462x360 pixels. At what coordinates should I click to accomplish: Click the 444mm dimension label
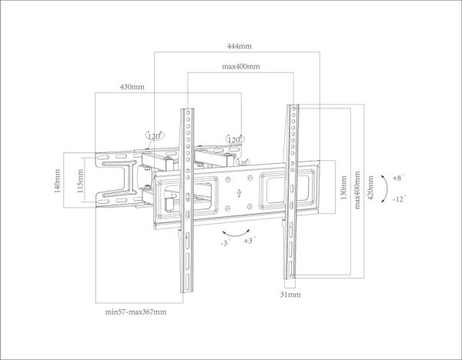(238, 46)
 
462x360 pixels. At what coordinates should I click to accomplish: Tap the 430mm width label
(132, 87)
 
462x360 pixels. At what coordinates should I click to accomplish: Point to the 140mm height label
(58, 182)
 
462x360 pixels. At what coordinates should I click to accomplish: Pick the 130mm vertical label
(343, 187)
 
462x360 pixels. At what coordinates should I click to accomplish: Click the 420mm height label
(370, 187)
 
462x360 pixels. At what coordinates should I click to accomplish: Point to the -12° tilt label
(400, 198)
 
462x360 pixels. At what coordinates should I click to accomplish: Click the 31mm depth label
(290, 295)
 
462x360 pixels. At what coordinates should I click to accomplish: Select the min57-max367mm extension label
(136, 312)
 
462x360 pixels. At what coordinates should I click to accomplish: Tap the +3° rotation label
(249, 240)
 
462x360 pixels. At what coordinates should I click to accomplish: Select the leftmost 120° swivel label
(155, 136)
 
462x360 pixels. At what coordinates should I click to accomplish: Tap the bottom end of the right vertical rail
(291, 277)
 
